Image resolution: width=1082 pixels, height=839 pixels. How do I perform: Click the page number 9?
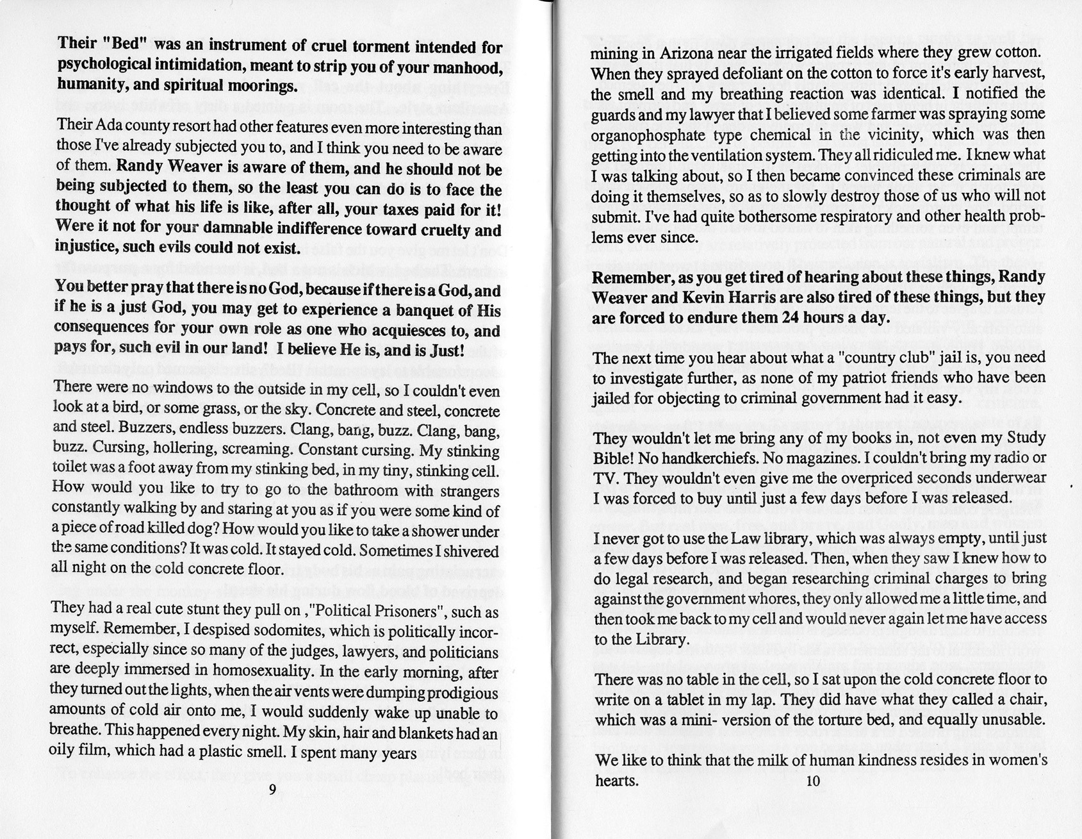pyautogui.click(x=272, y=789)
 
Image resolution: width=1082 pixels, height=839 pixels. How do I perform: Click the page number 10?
pyautogui.click(x=813, y=780)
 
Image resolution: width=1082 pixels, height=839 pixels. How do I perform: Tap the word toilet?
pyautogui.click(x=69, y=469)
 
